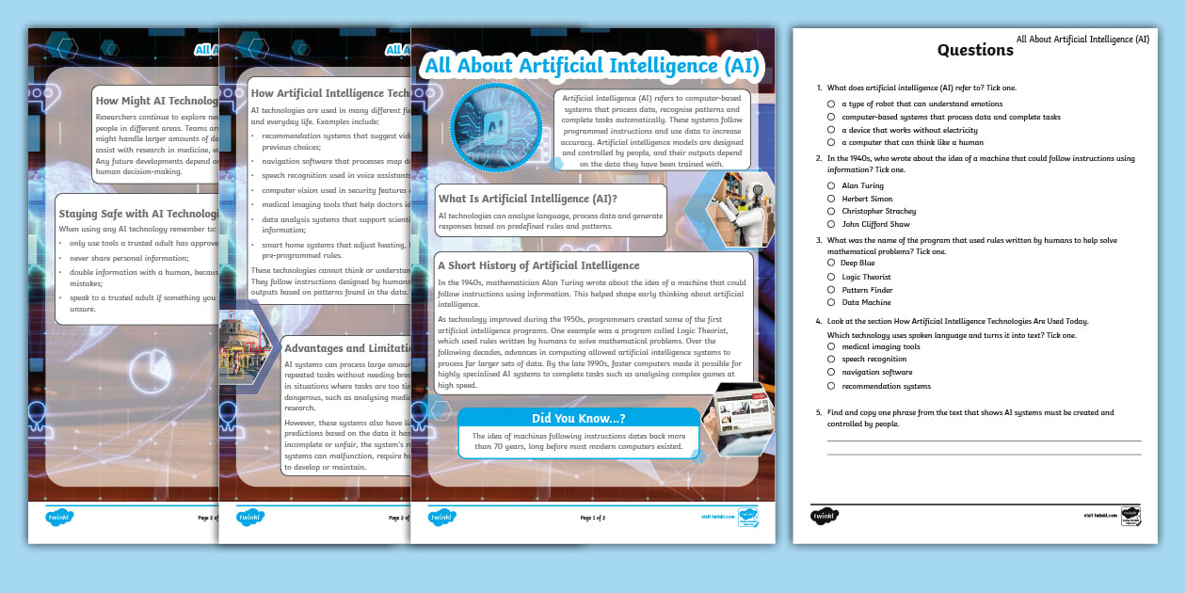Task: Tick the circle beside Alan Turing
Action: tap(831, 185)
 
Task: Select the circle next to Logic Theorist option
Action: tap(831, 277)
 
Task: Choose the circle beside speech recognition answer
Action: tap(831, 359)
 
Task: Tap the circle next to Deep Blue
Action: tap(831, 264)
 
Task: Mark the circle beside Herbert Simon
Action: tap(831, 199)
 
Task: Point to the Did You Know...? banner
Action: tap(578, 419)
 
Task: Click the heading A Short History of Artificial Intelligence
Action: tap(539, 265)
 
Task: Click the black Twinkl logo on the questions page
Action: tap(825, 515)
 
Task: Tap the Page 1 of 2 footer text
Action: tap(592, 517)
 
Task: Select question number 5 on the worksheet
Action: tap(820, 412)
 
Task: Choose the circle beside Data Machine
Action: tap(831, 303)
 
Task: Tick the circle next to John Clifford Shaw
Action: tap(831, 224)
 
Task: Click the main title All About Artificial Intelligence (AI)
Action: tap(592, 66)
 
